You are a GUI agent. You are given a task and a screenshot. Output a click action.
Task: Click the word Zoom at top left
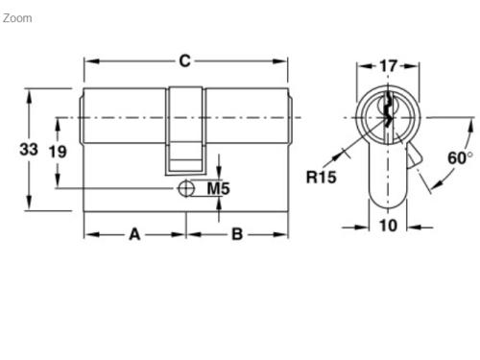coord(17,18)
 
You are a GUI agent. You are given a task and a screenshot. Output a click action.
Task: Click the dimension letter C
coord(185,60)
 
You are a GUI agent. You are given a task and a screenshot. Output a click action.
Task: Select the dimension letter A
coord(134,233)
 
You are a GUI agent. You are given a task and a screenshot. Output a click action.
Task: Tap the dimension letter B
coord(236,233)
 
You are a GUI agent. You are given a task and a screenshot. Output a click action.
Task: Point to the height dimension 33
coord(29,149)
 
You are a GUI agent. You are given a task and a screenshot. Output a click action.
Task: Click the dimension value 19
coord(58,151)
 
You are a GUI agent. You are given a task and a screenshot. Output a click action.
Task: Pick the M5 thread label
coord(220,189)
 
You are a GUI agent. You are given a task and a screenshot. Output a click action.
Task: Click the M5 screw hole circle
coord(185,189)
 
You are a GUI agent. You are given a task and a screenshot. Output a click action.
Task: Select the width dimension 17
coord(388,66)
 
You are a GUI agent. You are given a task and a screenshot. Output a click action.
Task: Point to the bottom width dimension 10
coord(388,227)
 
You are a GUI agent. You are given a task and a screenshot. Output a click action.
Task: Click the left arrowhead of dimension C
coord(89,61)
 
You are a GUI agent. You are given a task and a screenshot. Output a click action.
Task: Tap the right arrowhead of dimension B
coord(284,233)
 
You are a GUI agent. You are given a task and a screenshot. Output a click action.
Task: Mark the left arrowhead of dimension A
coord(89,233)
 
